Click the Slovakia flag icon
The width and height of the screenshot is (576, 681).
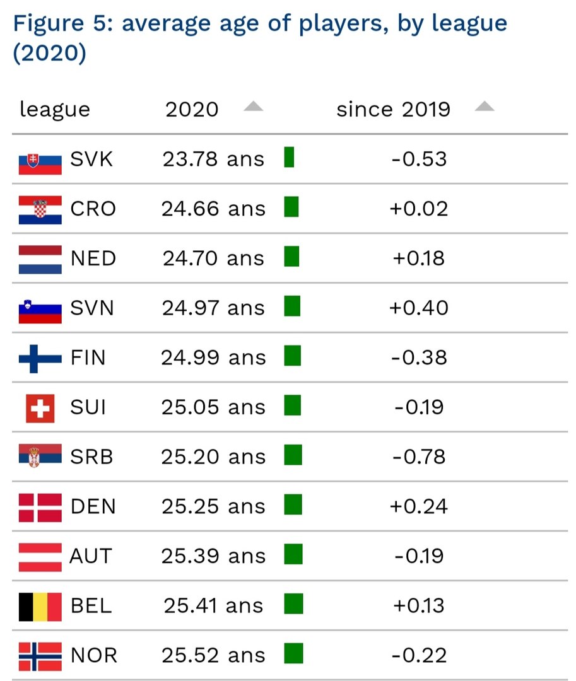point(40,160)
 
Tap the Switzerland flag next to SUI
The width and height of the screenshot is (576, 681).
point(40,408)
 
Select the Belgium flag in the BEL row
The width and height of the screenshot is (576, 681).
point(40,607)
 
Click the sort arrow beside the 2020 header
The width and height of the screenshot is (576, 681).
point(253,107)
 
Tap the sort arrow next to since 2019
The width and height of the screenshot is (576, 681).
point(484,107)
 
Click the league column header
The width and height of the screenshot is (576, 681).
point(54,109)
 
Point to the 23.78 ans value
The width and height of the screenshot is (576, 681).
point(213,159)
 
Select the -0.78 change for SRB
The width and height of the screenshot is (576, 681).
point(418,457)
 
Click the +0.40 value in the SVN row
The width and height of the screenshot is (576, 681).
point(418,308)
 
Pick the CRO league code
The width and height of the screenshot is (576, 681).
point(93,209)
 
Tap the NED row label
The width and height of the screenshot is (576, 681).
point(93,259)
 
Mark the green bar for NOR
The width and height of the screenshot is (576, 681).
point(293,653)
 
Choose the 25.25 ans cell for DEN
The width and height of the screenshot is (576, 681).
point(213,506)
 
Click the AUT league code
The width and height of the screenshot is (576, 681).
point(91,556)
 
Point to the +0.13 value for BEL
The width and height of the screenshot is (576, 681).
point(418,606)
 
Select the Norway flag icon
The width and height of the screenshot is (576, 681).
point(40,656)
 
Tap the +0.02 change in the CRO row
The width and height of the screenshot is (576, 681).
point(418,209)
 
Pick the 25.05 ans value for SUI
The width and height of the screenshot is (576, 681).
point(213,407)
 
